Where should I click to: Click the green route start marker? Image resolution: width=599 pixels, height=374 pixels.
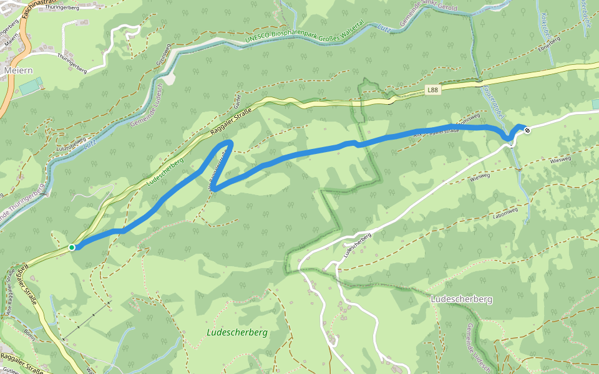click(72, 247)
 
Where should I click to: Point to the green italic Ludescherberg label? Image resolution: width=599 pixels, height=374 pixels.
click(236, 332)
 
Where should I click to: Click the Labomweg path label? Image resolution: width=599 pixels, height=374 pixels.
click(506, 210)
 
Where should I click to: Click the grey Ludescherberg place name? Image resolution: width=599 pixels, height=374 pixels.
click(461, 299)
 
